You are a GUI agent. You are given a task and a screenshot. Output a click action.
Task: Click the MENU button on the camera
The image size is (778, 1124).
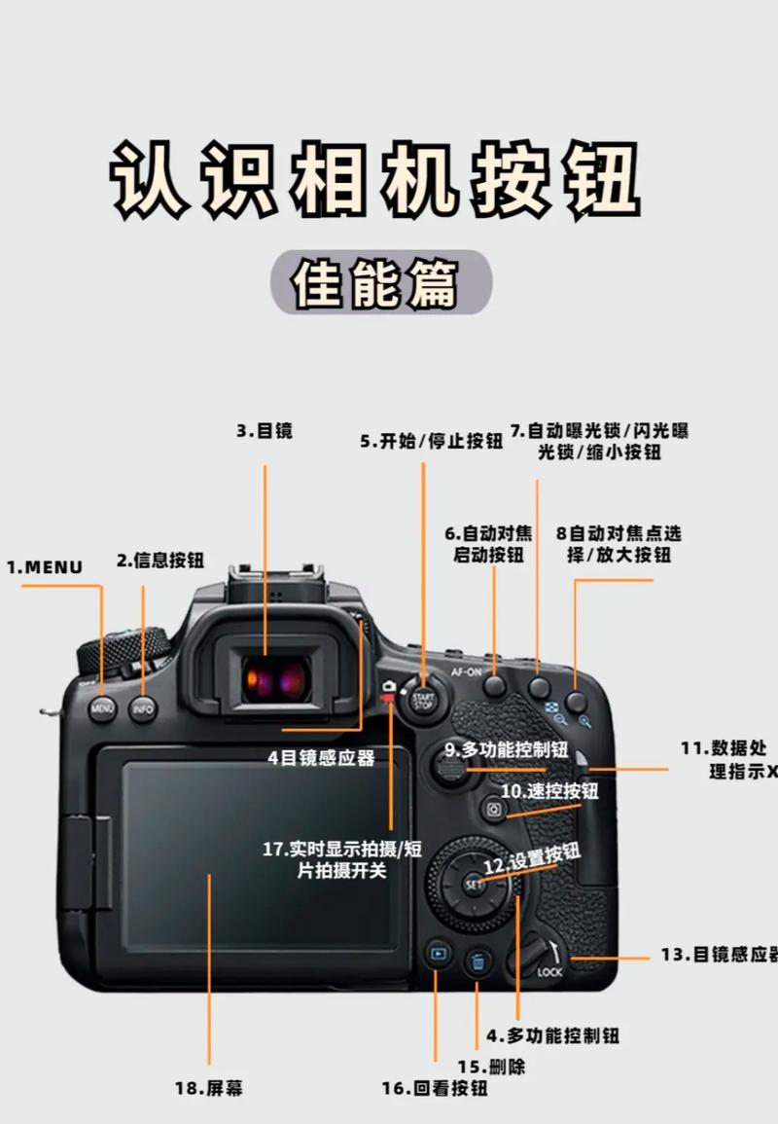coord(102,708)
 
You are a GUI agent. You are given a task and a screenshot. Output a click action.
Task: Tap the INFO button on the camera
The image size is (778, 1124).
coord(143,708)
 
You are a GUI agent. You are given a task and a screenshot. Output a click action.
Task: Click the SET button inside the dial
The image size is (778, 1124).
coord(475,884)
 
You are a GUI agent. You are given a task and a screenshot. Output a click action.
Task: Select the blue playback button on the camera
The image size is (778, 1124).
coord(438,955)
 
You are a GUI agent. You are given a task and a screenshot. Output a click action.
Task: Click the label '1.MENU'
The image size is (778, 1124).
coord(45,566)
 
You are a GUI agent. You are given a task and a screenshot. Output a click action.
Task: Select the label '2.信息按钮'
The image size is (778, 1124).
coord(160,560)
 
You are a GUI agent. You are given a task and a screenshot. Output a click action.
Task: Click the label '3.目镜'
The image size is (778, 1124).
coord(264,430)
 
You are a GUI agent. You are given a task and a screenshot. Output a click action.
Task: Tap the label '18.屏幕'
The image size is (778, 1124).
coord(209,1088)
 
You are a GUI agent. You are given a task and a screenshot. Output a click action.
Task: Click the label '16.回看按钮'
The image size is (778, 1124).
coord(435,1088)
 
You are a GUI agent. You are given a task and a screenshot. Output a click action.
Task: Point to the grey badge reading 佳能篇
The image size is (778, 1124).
coord(381,282)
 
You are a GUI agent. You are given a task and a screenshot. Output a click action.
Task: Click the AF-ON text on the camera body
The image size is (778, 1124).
coord(465,671)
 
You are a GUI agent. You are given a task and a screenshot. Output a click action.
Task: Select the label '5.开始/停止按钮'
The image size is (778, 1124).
coord(431,441)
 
